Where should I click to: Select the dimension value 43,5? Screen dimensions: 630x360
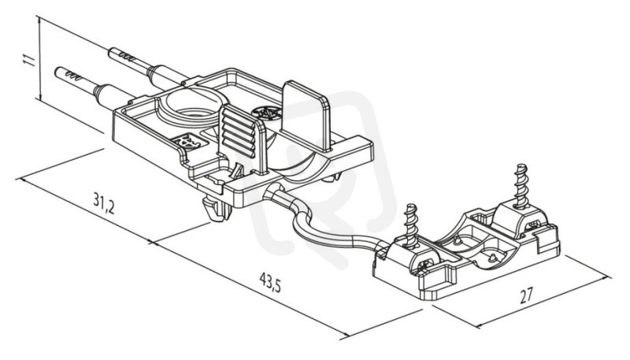tap(270, 282)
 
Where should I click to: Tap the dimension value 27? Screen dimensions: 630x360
tap(526, 295)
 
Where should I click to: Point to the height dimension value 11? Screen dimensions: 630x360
tap(29, 60)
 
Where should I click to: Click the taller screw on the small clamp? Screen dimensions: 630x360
tap(521, 187)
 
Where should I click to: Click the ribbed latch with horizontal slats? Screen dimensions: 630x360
tap(239, 132)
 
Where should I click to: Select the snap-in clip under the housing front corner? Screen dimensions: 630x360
tap(217, 208)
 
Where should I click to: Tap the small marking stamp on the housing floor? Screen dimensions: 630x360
tap(190, 142)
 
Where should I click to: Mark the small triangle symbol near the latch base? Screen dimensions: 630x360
tap(239, 172)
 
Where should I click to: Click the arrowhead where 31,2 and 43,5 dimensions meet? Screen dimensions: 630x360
tap(152, 242)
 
